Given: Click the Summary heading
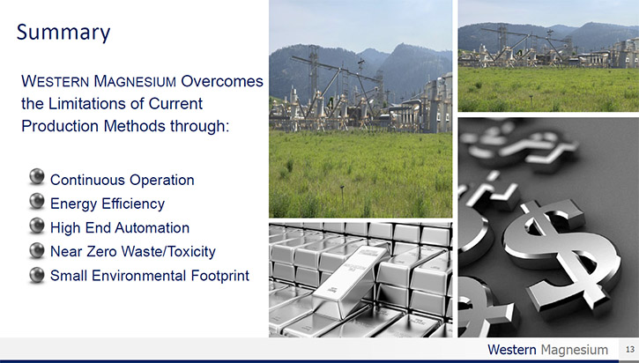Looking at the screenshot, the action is (x=63, y=33).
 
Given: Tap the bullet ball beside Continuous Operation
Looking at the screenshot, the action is (x=37, y=177).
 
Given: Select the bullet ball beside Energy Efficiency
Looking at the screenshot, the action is (x=37, y=201).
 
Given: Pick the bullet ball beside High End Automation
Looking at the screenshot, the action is (x=37, y=226).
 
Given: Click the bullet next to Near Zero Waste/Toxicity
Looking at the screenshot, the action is (x=37, y=250).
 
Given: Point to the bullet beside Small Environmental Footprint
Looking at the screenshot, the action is (x=37, y=275).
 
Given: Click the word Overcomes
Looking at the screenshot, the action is (x=222, y=81).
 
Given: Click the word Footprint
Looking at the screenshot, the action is (x=220, y=276).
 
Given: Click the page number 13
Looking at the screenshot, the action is (x=630, y=349).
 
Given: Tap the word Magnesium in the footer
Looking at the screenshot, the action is (x=575, y=350).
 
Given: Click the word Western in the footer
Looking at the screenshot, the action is (x=512, y=350).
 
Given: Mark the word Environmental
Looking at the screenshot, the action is (x=139, y=276).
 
